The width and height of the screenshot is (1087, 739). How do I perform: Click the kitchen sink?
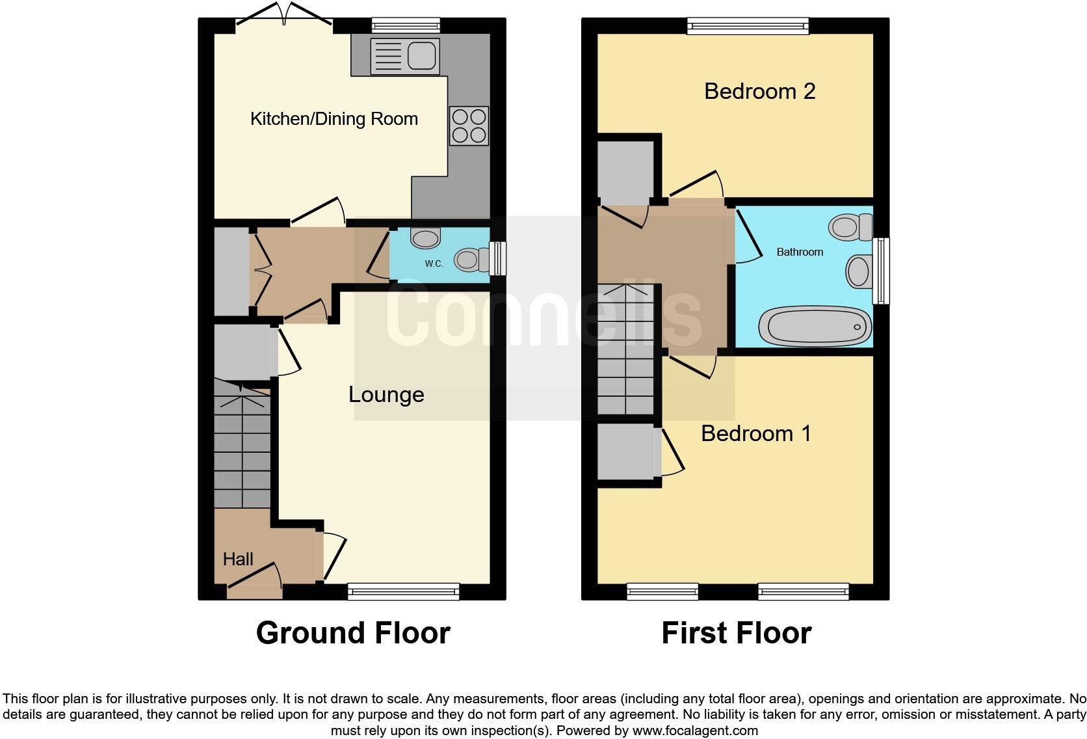(404, 55)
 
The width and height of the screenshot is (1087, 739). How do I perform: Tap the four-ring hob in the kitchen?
(469, 126)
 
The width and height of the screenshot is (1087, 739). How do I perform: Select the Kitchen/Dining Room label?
(334, 119)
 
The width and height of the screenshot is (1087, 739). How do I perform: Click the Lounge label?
(386, 394)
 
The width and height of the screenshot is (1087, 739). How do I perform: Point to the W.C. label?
(434, 263)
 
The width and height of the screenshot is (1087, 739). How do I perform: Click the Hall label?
(238, 559)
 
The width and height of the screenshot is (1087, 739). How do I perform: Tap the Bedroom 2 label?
(759, 91)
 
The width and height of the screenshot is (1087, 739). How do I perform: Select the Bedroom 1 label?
(755, 433)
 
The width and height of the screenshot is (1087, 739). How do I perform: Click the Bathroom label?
(800, 252)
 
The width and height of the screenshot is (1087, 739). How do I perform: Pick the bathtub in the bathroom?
(815, 326)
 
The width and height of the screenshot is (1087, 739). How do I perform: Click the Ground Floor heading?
(353, 633)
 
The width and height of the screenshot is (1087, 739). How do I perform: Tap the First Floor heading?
(736, 633)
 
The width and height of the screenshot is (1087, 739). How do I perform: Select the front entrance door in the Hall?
(254, 581)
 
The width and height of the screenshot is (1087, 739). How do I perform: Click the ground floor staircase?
(242, 449)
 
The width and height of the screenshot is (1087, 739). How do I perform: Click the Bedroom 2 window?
(748, 26)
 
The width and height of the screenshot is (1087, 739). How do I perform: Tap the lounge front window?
(403, 591)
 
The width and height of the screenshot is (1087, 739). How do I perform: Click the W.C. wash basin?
(426, 237)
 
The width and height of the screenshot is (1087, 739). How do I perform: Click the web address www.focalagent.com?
(694, 731)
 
